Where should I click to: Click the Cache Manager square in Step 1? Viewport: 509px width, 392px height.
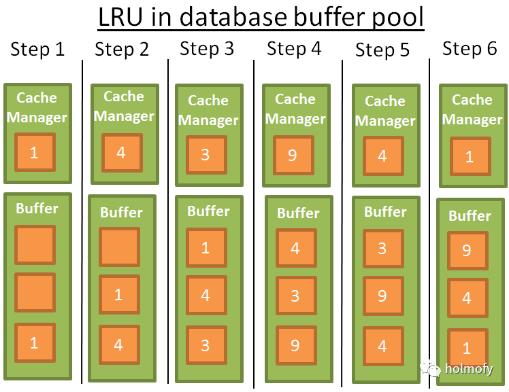tap(34, 153)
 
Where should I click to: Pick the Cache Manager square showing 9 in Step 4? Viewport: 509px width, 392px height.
tap(293, 156)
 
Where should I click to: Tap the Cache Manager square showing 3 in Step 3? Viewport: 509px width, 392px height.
tap(206, 155)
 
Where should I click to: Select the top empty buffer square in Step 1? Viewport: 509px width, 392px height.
tap(34, 245)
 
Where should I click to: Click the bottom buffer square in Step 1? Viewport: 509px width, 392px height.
tap(34, 342)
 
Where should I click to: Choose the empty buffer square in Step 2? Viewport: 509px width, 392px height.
tap(119, 247)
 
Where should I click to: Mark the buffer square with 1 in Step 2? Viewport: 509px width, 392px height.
tap(119, 295)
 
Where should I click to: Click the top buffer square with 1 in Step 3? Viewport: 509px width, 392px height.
tap(206, 248)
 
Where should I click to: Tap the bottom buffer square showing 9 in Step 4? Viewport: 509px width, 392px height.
tap(295, 345)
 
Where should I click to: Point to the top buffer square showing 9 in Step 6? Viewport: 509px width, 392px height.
tap(467, 251)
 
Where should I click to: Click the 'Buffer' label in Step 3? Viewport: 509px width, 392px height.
tap(208, 211)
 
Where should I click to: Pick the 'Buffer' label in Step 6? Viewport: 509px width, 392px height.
tap(470, 216)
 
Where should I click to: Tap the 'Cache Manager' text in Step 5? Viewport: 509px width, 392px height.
tap(385, 111)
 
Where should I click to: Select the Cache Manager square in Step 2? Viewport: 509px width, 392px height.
tap(121, 153)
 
